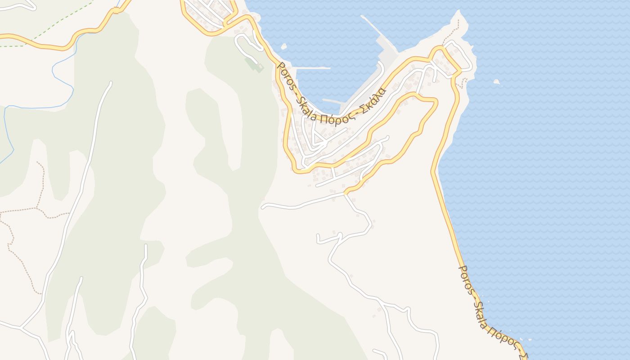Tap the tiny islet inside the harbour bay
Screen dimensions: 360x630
283,46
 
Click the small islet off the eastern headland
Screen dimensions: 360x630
497,82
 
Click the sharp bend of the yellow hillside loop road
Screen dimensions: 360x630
435,102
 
